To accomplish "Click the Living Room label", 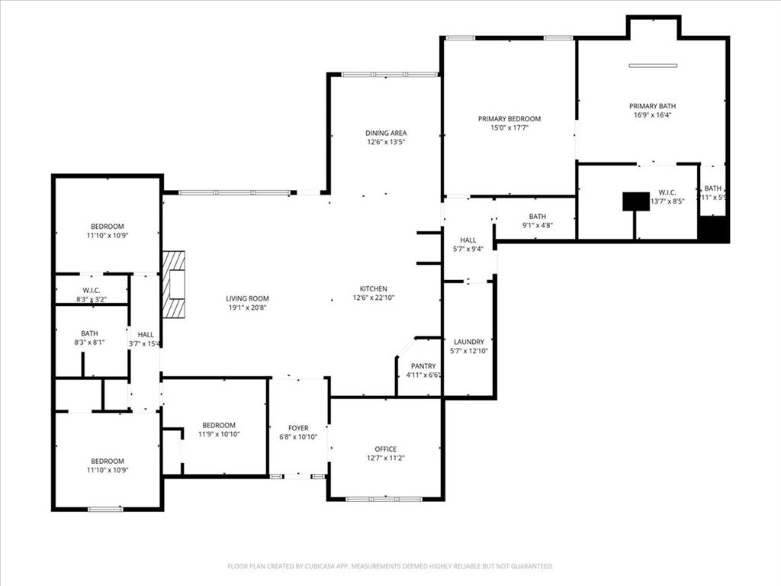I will (x=247, y=298).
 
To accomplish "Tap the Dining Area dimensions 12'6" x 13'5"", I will (x=385, y=142).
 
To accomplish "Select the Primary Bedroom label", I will (x=509, y=118).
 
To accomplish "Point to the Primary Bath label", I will (x=652, y=106).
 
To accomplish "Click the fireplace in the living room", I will (x=175, y=285).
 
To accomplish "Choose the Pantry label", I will (x=423, y=366).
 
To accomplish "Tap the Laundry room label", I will (x=469, y=342).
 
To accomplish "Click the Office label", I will (x=385, y=449).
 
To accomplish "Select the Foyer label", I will (x=298, y=428).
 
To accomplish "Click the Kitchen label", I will (x=374, y=288).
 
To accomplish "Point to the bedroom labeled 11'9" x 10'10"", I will (x=219, y=425).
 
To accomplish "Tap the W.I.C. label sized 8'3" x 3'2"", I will (x=92, y=290).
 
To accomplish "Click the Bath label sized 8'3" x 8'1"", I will (x=89, y=333).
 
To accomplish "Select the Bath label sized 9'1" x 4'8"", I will (x=538, y=216).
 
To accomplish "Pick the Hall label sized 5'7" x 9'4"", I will (x=468, y=240).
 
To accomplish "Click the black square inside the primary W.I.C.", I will (x=635, y=201).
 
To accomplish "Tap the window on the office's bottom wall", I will (x=384, y=499).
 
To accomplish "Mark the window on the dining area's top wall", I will (x=389, y=74).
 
